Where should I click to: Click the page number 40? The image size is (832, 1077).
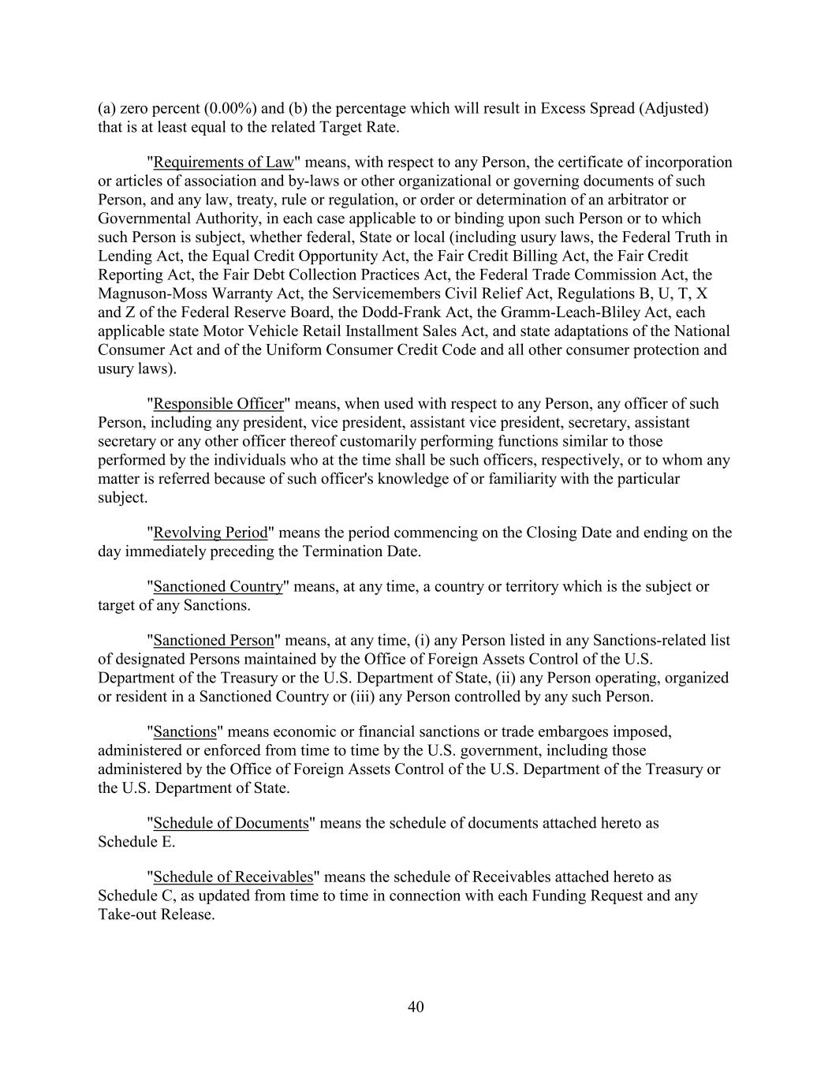pos(416,1007)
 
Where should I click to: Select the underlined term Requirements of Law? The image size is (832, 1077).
pos(223,163)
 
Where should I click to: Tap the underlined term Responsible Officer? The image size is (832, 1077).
pos(218,404)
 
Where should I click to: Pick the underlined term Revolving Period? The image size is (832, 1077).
pos(211,533)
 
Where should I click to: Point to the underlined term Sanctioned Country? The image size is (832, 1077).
pos(218,586)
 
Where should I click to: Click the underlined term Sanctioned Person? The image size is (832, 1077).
pos(214,640)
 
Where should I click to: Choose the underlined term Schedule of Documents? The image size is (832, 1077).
pos(231,823)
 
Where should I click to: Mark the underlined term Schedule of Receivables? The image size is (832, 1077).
pos(233,877)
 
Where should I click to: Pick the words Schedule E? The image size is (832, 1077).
pos(136,842)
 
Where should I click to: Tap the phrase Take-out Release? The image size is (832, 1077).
pos(156,914)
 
